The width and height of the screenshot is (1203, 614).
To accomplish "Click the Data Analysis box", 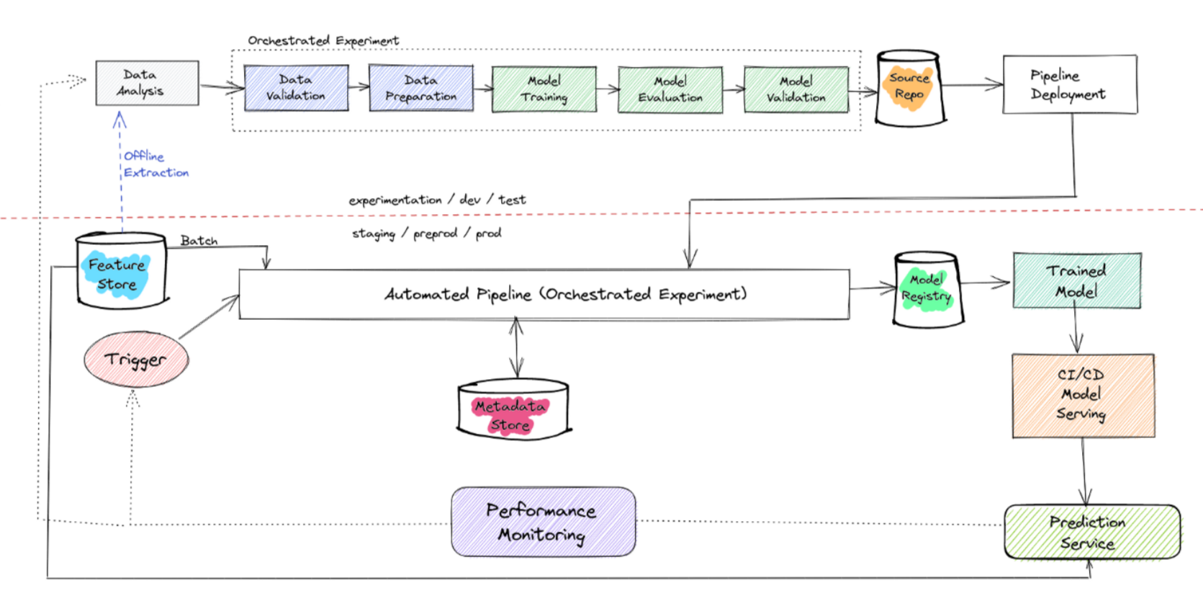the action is (147, 83).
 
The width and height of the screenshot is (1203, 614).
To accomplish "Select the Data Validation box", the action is (296, 88).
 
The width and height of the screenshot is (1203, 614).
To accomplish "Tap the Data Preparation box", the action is (421, 88).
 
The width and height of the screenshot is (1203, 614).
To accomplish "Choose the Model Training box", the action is (544, 89).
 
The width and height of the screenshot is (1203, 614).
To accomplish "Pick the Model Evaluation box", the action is (670, 90).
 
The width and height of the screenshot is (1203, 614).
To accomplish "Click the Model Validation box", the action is (796, 90).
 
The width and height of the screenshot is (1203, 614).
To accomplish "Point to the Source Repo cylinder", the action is (910, 88).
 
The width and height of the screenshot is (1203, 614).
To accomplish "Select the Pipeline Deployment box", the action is (1070, 84).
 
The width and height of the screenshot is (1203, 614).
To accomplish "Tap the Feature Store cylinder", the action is (122, 270).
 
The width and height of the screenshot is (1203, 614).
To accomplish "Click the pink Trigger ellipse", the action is (136, 359).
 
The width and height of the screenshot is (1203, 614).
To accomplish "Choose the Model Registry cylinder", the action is (927, 290).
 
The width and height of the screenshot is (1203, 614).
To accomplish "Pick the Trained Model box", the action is (1077, 280).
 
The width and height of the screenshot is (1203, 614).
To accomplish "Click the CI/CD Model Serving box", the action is (1083, 396).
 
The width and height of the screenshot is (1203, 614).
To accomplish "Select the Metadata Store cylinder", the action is (513, 409).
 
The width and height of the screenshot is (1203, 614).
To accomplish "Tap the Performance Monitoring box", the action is (544, 522).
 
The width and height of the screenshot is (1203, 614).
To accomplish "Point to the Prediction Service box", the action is (1092, 533).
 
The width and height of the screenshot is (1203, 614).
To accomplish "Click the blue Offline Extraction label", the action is (156, 164).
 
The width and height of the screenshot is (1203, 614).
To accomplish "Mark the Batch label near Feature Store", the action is (199, 240).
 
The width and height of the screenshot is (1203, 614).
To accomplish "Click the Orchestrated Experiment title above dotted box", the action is (323, 40).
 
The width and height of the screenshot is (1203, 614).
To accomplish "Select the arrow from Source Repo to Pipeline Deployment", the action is (973, 84).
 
